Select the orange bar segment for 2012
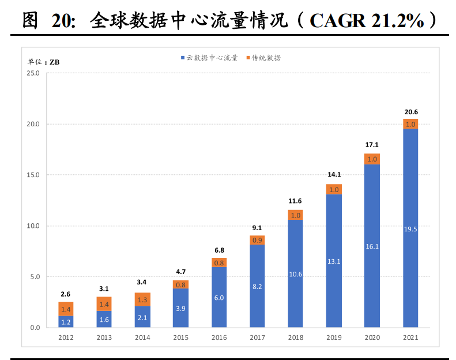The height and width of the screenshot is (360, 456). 66,309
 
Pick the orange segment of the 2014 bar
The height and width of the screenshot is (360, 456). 142,299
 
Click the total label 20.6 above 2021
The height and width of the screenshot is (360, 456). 410,112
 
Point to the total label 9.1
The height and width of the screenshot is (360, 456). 257,228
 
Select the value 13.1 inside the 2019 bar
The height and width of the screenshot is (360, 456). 334,261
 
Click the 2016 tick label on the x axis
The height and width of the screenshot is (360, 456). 219,338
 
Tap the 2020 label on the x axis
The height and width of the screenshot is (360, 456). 372,338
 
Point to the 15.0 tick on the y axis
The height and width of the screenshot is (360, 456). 33,175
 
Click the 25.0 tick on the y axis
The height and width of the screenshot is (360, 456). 33,73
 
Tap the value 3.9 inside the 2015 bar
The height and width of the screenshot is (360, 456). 180,309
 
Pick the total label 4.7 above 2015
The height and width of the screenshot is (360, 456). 180,272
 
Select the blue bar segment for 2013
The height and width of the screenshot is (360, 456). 104,319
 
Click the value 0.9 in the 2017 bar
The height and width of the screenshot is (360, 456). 257,240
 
